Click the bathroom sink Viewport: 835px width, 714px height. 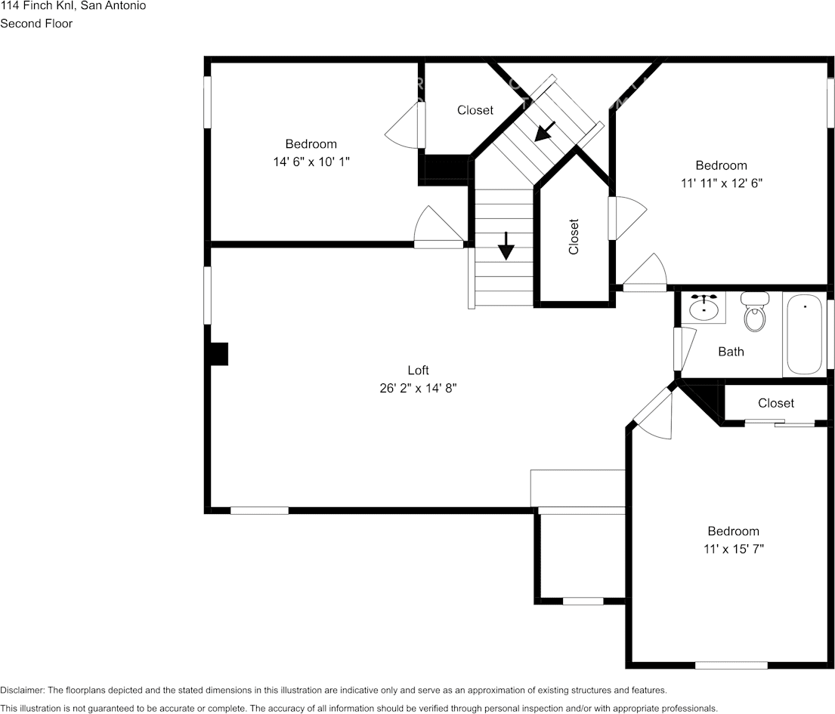pos(704,308)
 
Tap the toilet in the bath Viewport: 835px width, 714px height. pos(754,312)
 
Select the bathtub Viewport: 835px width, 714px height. pos(804,334)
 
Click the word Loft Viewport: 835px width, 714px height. pos(418,370)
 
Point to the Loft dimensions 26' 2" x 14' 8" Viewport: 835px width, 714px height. pos(418,388)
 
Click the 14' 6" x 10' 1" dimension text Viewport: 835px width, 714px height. pos(311,162)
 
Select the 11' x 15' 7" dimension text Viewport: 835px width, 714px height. pos(733,549)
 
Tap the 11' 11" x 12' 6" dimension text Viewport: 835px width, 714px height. pos(721,183)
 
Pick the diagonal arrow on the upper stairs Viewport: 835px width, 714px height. pos(545,131)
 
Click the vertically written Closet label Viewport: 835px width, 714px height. pos(574,236)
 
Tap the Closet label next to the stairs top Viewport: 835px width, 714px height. pos(475,110)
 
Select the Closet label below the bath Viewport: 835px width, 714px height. pos(776,403)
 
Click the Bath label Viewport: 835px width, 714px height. pos(731,352)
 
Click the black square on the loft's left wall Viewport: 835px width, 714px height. pos(218,354)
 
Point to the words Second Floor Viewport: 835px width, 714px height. pos(36,23)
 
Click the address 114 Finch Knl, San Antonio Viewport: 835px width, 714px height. pos(73,6)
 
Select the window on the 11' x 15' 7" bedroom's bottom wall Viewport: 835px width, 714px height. pos(731,665)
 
